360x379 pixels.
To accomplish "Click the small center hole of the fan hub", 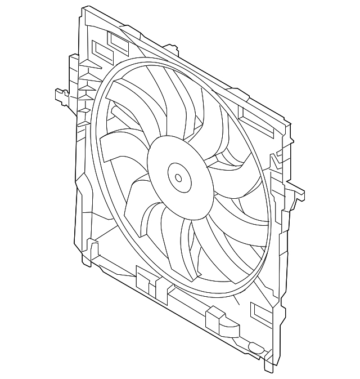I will coord(178,178).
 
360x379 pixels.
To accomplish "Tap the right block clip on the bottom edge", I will coord(217,319).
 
